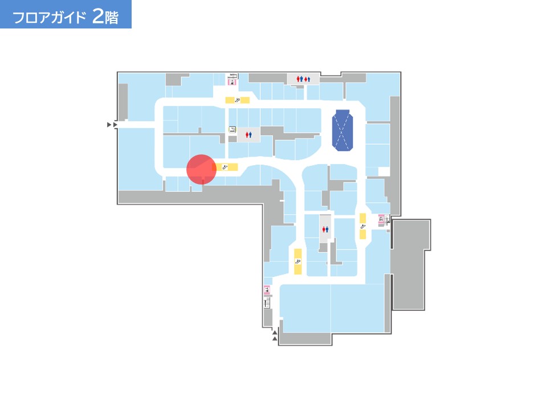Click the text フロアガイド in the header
[49, 17]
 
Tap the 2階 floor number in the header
[105, 16]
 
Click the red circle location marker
[201, 170]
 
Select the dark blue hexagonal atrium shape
[342, 130]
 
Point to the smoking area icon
[232, 130]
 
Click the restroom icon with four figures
[303, 79]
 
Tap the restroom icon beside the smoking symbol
[248, 134]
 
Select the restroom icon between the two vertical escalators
[325, 229]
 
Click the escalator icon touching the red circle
[225, 167]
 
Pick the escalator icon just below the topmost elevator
[237, 100]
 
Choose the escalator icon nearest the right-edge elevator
[363, 227]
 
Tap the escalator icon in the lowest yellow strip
[298, 262]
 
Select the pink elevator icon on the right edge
[381, 219]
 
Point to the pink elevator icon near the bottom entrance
[267, 290]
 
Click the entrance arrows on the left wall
[112, 125]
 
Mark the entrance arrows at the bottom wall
[275, 335]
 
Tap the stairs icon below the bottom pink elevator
[267, 302]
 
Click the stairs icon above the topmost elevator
[232, 76]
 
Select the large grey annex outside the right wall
[410, 265]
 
